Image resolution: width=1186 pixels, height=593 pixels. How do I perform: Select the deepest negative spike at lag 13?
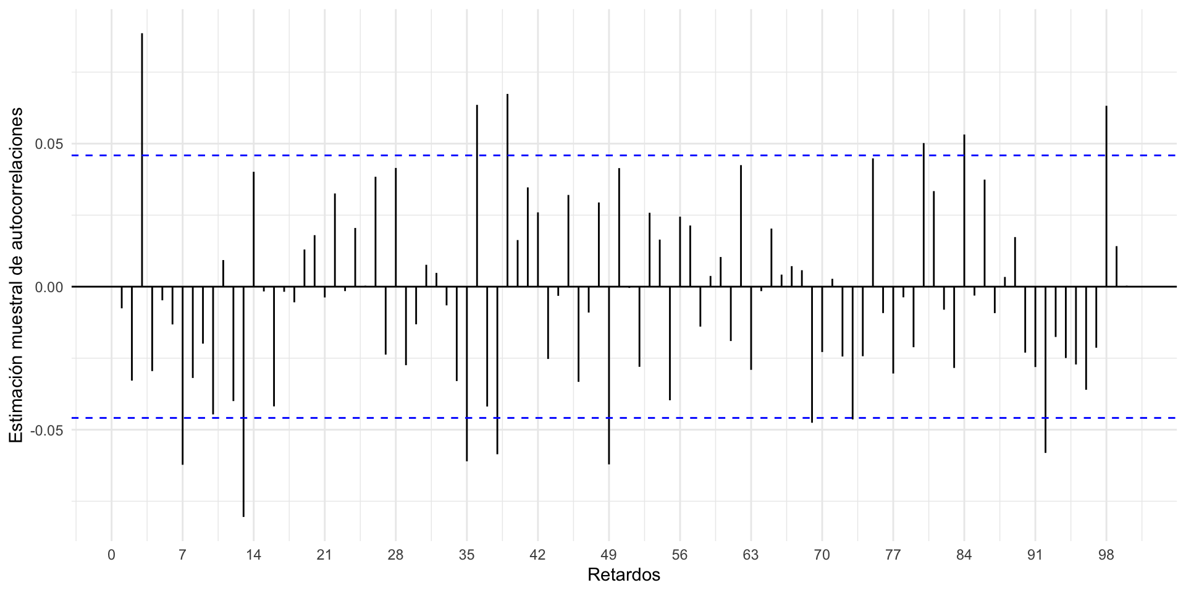coord(243,402)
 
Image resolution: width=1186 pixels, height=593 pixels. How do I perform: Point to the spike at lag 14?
coord(254,229)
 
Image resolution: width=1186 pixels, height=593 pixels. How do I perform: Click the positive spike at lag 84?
coord(964,210)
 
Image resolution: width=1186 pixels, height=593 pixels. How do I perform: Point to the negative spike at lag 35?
coord(467,374)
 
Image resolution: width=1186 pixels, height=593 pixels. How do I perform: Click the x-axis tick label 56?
coord(679,555)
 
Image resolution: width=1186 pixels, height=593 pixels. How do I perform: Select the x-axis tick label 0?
coord(111,555)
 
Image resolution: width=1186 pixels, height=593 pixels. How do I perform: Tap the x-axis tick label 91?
coord(1035,555)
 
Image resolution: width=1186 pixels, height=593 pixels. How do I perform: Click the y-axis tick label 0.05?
coord(49,144)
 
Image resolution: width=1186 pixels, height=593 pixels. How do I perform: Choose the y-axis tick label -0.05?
coord(48,430)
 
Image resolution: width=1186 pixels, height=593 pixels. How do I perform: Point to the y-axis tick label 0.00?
coord(49,287)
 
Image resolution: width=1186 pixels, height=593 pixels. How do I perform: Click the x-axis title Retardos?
coord(624,575)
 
